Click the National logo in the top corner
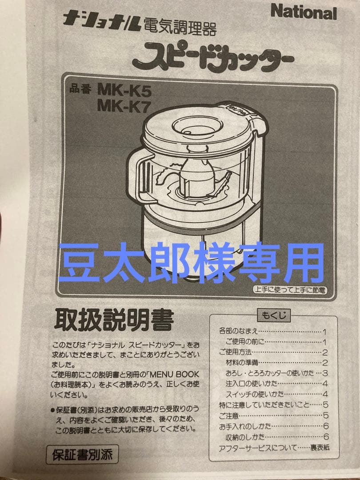303,12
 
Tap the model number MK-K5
124,91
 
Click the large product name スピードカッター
212,58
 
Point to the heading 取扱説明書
113,320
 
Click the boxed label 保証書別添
82,455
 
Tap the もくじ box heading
273,316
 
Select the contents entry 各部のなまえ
239,332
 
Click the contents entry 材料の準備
242,362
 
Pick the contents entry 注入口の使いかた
252,383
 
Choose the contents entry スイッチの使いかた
255,394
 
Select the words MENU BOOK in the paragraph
174,374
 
